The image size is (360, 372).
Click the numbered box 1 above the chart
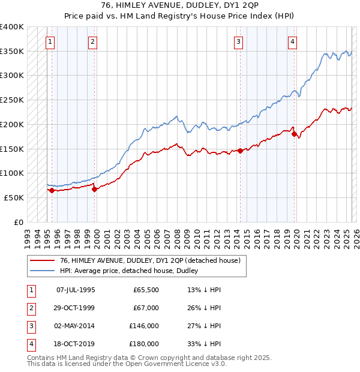(50, 41)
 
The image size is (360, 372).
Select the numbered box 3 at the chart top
(239, 41)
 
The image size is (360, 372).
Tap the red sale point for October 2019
(295, 134)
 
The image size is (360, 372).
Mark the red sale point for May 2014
(240, 151)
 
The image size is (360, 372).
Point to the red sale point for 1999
(95, 189)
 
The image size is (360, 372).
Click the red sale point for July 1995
(52, 190)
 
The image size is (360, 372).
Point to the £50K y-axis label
(14, 197)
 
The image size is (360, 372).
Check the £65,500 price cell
(146, 290)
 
